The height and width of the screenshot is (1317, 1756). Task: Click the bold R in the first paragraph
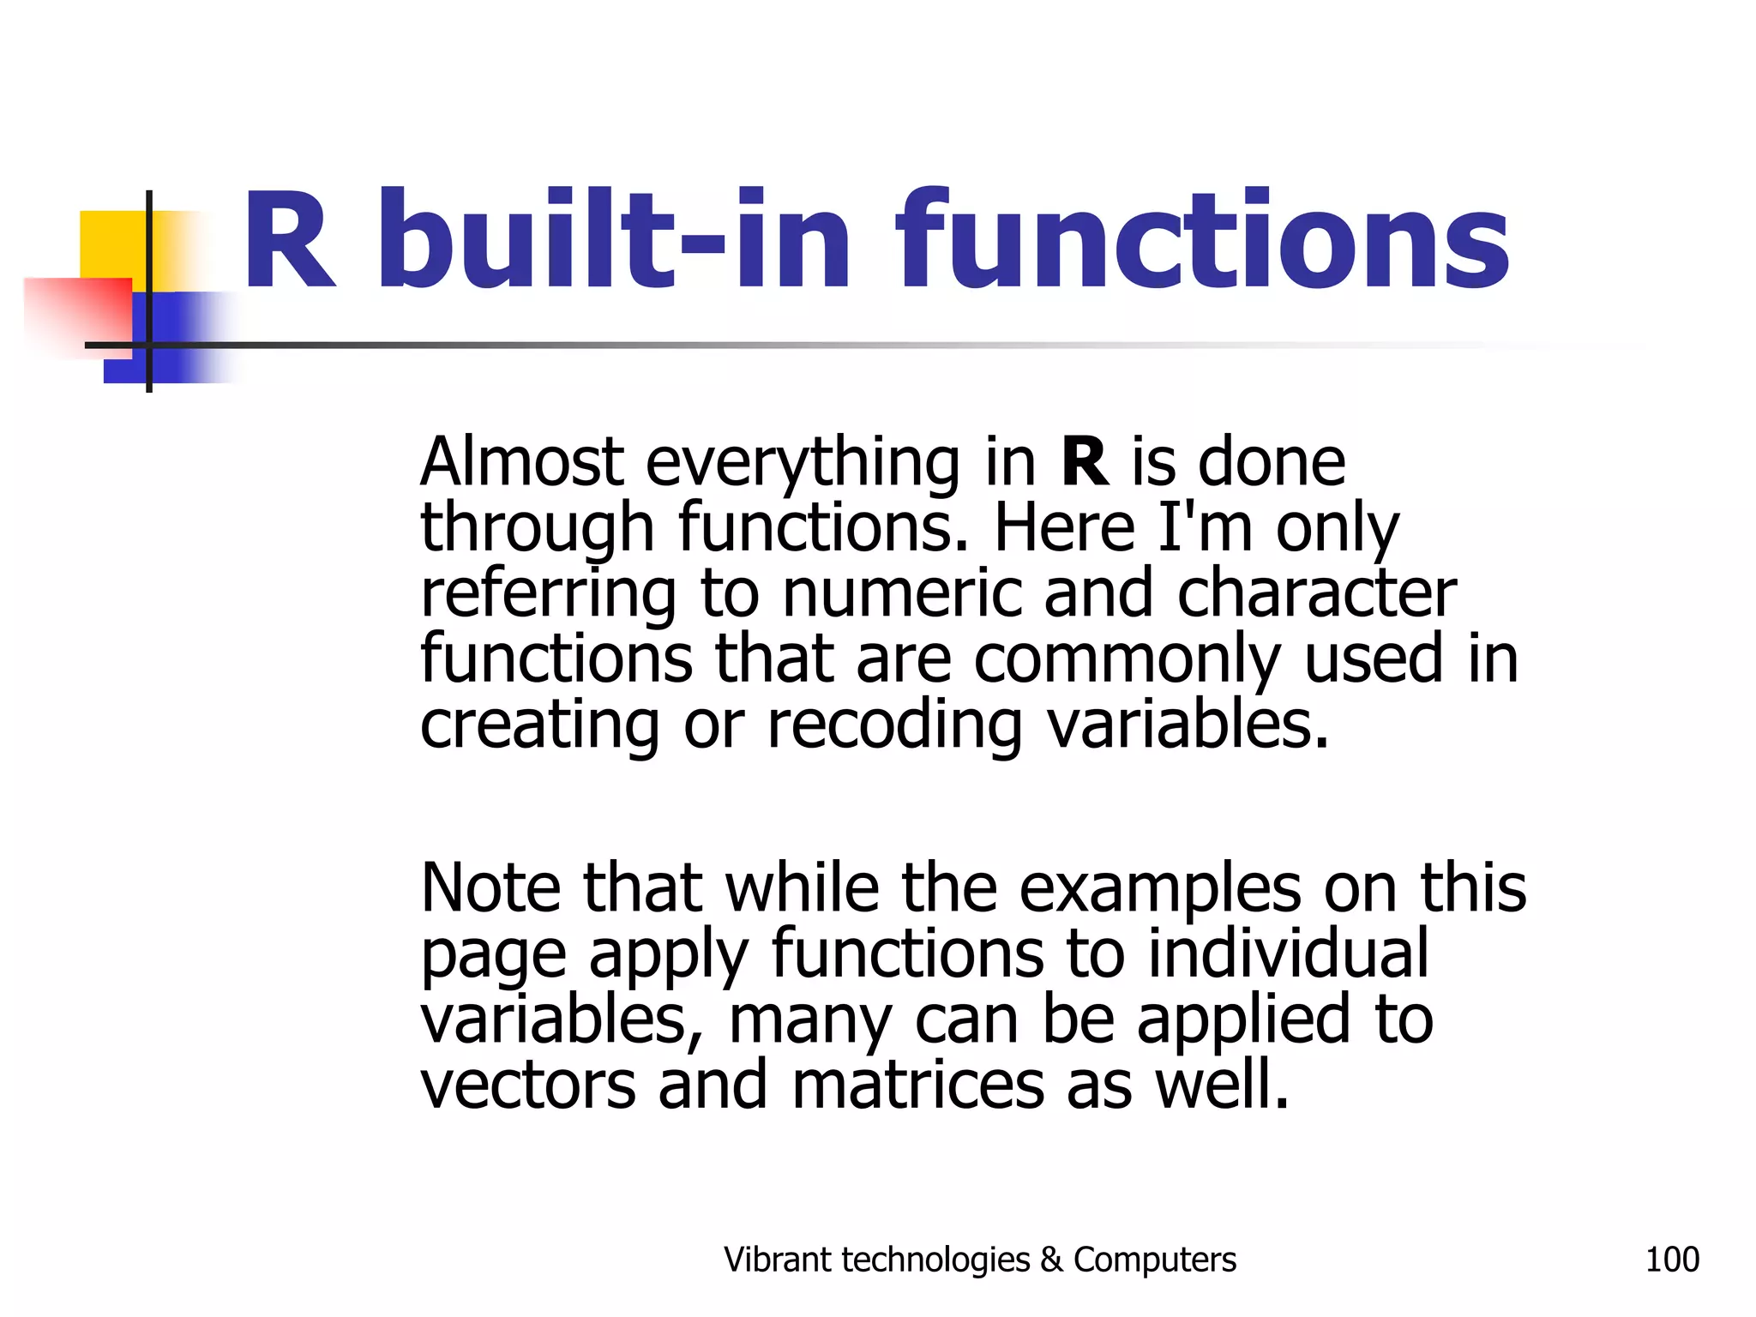1085,463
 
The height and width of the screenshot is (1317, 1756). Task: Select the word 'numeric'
902,593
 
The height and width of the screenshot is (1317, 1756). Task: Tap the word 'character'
1316,593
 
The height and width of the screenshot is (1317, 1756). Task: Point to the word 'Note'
491,888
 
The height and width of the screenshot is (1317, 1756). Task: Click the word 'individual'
1288,953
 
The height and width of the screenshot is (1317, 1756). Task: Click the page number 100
1672,1260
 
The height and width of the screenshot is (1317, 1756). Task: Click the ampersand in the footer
1050,1260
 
